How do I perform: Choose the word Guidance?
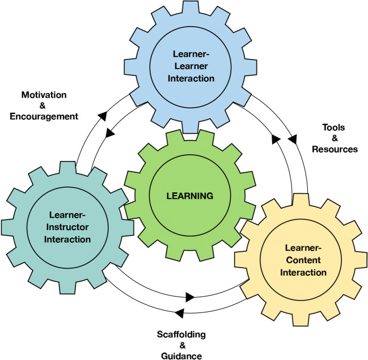pyautogui.click(x=181, y=356)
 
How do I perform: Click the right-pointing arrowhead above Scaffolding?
pyautogui.click(x=190, y=297)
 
